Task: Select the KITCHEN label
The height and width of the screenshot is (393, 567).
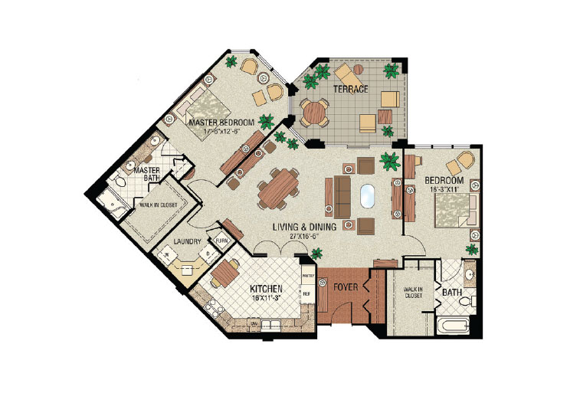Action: pyautogui.click(x=268, y=290)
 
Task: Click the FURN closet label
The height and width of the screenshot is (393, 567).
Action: pyautogui.click(x=221, y=240)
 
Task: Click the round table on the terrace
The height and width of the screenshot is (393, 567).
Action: pyautogui.click(x=314, y=112)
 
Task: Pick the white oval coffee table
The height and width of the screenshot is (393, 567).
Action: pyautogui.click(x=366, y=196)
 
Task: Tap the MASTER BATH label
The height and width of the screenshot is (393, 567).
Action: pyautogui.click(x=147, y=174)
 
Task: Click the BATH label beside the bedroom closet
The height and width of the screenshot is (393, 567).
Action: pyautogui.click(x=452, y=292)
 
